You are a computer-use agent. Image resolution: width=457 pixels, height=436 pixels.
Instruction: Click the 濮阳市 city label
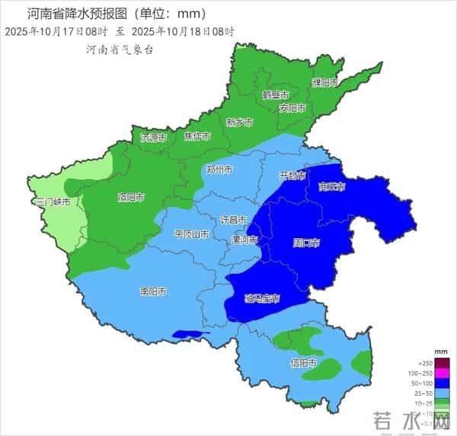(324, 81)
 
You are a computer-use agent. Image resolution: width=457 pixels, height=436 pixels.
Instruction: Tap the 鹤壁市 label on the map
(276, 95)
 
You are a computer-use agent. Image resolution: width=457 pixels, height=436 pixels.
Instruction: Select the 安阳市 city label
(292, 108)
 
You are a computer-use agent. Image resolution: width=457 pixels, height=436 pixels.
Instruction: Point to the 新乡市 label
(240, 122)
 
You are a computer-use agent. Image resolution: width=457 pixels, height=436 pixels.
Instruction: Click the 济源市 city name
(154, 138)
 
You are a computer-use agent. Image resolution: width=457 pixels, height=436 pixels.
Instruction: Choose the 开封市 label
(292, 176)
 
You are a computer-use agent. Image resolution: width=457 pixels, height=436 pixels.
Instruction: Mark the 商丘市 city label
(332, 186)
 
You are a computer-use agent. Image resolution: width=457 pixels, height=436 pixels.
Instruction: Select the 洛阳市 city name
(131, 198)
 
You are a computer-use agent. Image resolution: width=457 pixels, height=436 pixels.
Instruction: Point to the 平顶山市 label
(193, 234)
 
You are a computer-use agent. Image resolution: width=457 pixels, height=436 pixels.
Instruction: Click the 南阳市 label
(154, 291)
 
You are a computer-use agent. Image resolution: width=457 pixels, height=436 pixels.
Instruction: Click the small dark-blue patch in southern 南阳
(191, 333)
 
